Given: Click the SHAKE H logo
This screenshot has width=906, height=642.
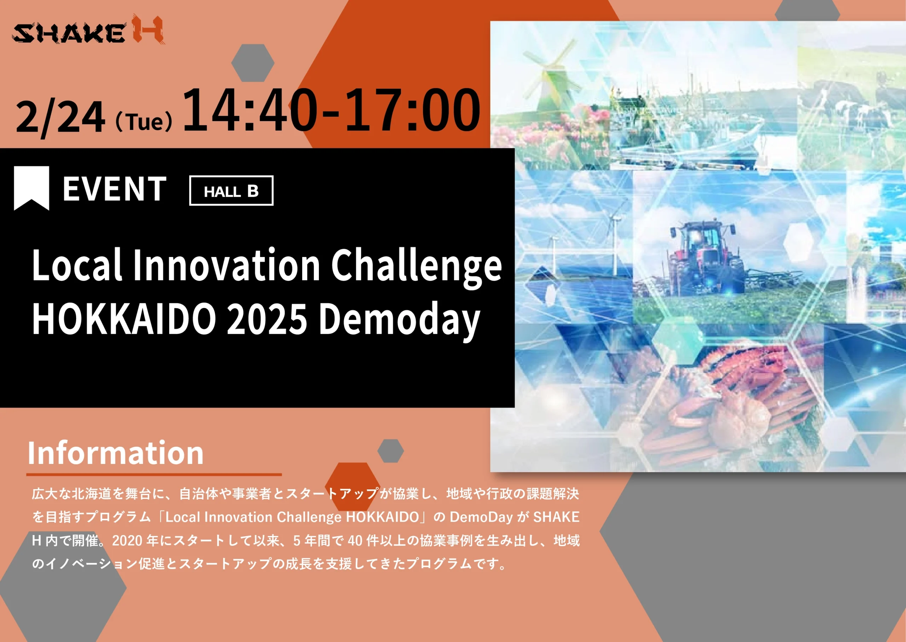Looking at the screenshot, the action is [x=87, y=30].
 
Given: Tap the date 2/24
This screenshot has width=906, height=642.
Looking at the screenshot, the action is [x=61, y=117].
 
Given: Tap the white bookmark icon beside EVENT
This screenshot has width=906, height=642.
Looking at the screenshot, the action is [x=31, y=188].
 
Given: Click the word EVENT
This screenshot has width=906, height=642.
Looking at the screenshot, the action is [x=115, y=189].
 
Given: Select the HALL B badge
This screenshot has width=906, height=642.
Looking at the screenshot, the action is [x=231, y=190].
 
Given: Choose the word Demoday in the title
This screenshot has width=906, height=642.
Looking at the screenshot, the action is [x=399, y=321].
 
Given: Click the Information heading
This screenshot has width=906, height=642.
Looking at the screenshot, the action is [x=115, y=453].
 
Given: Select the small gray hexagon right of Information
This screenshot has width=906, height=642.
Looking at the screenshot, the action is [x=391, y=451].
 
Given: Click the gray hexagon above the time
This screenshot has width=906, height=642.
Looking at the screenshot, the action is [x=253, y=63].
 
